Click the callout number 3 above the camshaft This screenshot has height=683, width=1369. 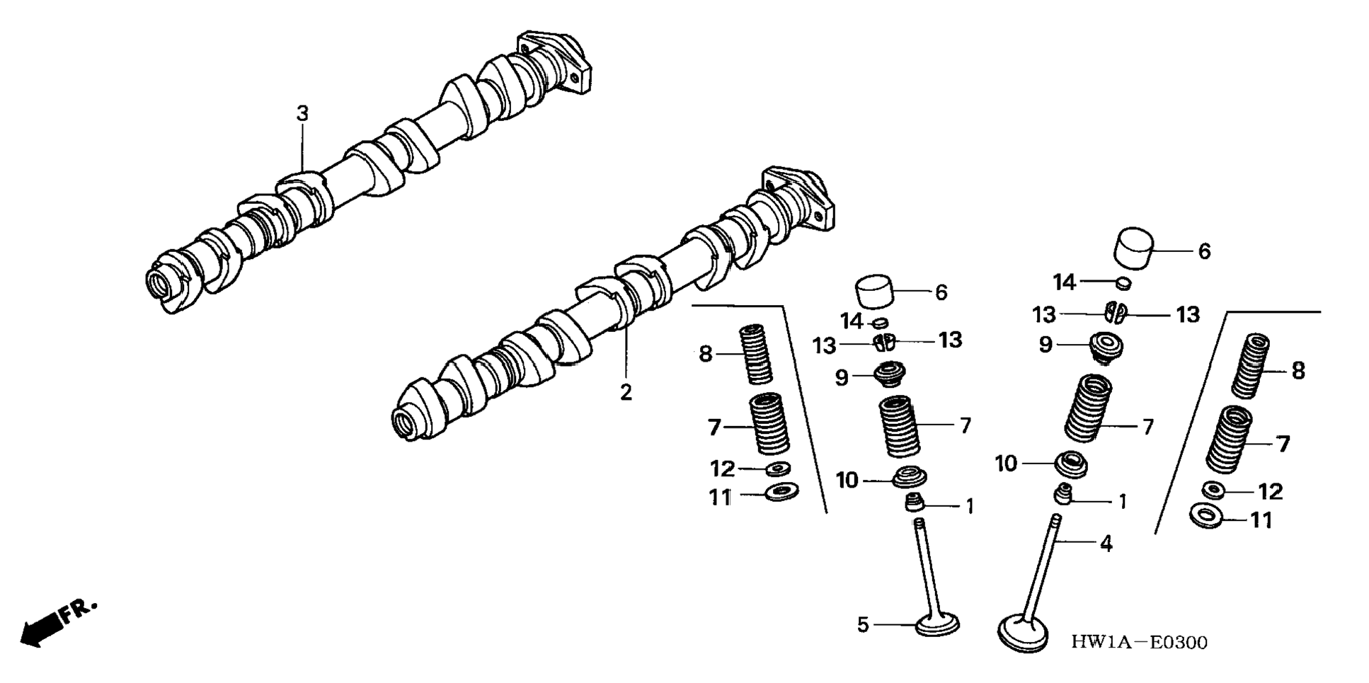pos(302,113)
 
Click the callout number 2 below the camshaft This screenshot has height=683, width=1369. pos(626,392)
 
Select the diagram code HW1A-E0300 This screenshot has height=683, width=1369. pos(1139,643)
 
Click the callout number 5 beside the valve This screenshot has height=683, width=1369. pos(863,625)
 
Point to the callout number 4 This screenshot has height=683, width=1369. pos(1106,544)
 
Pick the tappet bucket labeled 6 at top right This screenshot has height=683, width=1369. pos(1134,248)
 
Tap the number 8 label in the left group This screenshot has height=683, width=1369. pos(705,353)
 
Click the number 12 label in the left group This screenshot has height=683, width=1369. pos(723,469)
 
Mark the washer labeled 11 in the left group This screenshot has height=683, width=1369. pos(782,491)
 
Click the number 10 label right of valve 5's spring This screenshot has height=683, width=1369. pos(847,481)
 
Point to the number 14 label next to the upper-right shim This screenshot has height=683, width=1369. pos(1063,282)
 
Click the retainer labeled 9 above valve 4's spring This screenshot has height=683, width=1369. pos(1104,347)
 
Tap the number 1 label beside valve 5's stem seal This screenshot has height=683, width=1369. pos(970,507)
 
